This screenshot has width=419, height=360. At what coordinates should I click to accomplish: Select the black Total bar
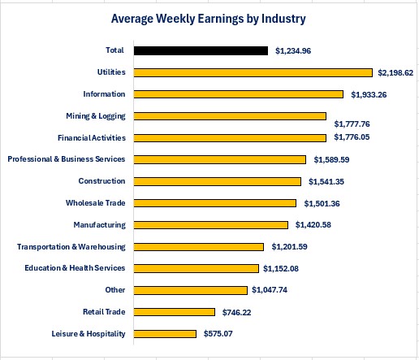click(201, 50)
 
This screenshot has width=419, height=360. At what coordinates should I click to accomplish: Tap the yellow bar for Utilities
click(253, 72)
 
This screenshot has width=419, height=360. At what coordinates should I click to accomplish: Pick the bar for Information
click(238, 94)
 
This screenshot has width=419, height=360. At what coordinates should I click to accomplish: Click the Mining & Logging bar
click(230, 116)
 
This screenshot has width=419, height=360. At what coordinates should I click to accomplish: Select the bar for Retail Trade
click(174, 311)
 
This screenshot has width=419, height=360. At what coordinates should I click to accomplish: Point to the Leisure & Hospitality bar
click(165, 333)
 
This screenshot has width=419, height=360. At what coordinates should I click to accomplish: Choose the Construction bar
click(217, 181)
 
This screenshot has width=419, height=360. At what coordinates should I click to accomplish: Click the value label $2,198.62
click(395, 72)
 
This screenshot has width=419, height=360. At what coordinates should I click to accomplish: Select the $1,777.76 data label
click(352, 124)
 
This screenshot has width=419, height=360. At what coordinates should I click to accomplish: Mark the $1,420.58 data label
click(311, 225)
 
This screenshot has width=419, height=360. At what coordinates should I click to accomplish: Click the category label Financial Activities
click(91, 137)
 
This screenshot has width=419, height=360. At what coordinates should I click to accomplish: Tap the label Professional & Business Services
click(67, 159)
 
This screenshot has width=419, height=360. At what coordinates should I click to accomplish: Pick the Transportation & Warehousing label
click(71, 246)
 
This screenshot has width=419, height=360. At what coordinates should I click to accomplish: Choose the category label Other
click(115, 290)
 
